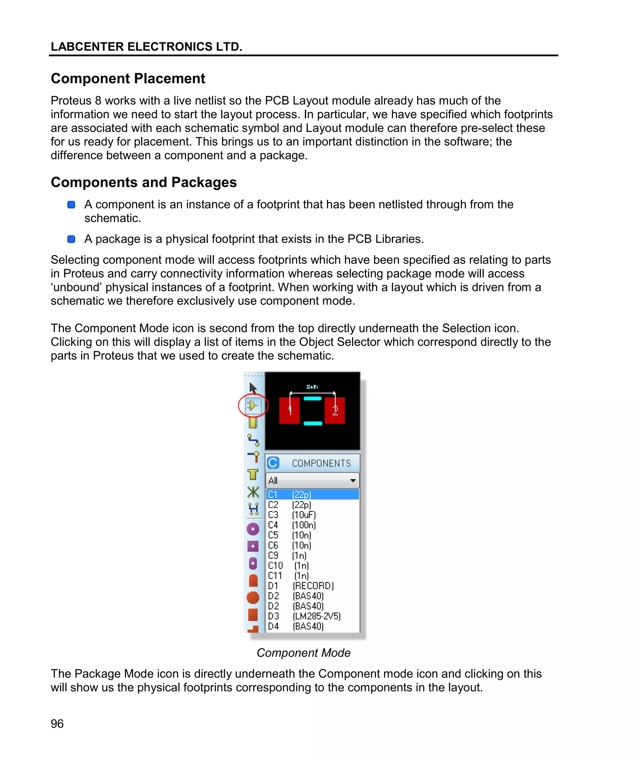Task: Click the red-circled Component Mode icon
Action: pos(253,406)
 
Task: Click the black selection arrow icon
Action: pos(253,388)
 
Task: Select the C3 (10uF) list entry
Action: pos(292,515)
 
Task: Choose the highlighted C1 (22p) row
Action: pos(312,495)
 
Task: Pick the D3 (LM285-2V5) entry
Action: pos(304,616)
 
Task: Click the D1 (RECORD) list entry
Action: pos(300,586)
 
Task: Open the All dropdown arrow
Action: pos(352,481)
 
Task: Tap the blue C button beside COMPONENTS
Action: pos(273,463)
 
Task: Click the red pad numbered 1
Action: pos(289,411)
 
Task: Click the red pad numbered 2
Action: pos(335,411)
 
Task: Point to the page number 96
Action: pos(57,724)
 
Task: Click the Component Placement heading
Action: pos(128,79)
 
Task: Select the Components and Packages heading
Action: pos(144,182)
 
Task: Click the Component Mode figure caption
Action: pos(303,653)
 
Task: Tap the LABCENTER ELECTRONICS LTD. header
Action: pos(146,47)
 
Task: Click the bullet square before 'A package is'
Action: pos(71,239)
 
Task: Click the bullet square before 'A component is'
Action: pos(71,205)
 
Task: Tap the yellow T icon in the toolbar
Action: pos(253,474)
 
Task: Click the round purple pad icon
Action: pos(253,529)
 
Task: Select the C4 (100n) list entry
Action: pos(292,525)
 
